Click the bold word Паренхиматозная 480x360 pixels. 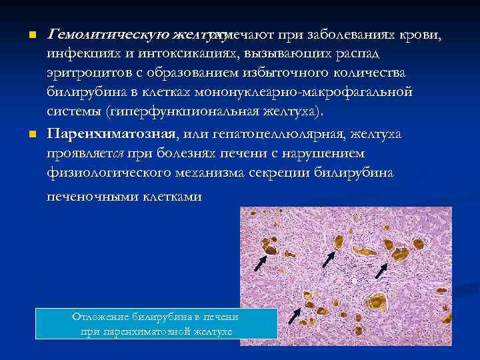pos(111,135)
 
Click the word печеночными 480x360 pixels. pos(87,197)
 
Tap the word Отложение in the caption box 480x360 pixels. pos(103,317)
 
